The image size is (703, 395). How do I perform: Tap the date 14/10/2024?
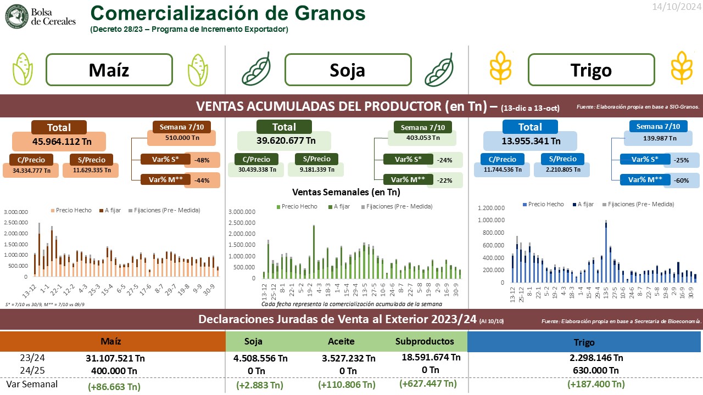point(676,7)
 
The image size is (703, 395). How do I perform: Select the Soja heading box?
point(348,70)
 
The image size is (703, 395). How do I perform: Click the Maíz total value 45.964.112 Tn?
point(59,141)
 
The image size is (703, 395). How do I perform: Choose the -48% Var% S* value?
point(202,160)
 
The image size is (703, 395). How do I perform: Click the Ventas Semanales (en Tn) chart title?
point(346,192)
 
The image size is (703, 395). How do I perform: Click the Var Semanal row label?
point(32,384)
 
